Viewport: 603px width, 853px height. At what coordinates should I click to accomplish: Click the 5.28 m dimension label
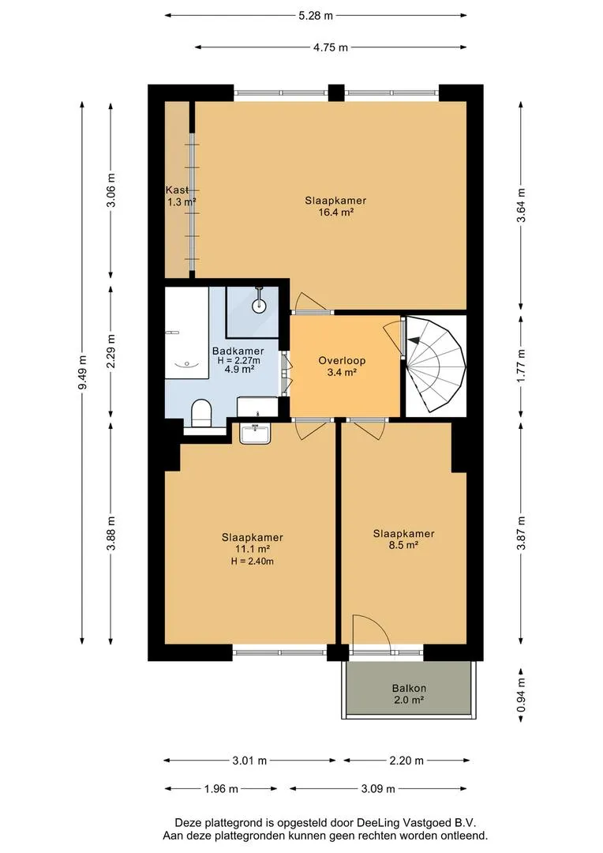pos(316,16)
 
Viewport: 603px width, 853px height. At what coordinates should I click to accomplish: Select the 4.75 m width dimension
pos(331,47)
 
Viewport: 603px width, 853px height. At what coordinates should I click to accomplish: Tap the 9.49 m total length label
pos(83,373)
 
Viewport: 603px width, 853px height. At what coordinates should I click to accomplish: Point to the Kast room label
pos(178,190)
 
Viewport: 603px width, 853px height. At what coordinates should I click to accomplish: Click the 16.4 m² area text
pos(336,212)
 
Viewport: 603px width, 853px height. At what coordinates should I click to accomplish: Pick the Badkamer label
pos(238,351)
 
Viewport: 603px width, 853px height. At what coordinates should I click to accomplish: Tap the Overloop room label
pos(342,360)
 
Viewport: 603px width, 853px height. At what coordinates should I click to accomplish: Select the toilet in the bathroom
pos(201,413)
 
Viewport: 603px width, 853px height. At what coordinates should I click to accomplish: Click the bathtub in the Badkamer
pos(186,333)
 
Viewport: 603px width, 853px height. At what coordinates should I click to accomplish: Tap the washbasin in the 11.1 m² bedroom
pos(255,434)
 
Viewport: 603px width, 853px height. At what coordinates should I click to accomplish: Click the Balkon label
pos(409,688)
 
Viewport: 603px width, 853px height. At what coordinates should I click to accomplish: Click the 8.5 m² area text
pos(403,544)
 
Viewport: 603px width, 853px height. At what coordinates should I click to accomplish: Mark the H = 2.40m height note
pos(253,562)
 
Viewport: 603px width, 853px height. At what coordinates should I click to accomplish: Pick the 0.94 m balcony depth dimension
pos(522,695)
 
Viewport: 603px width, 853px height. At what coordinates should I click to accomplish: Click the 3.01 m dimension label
pos(249,761)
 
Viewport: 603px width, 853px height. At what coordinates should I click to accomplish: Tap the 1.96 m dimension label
pos(221,789)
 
